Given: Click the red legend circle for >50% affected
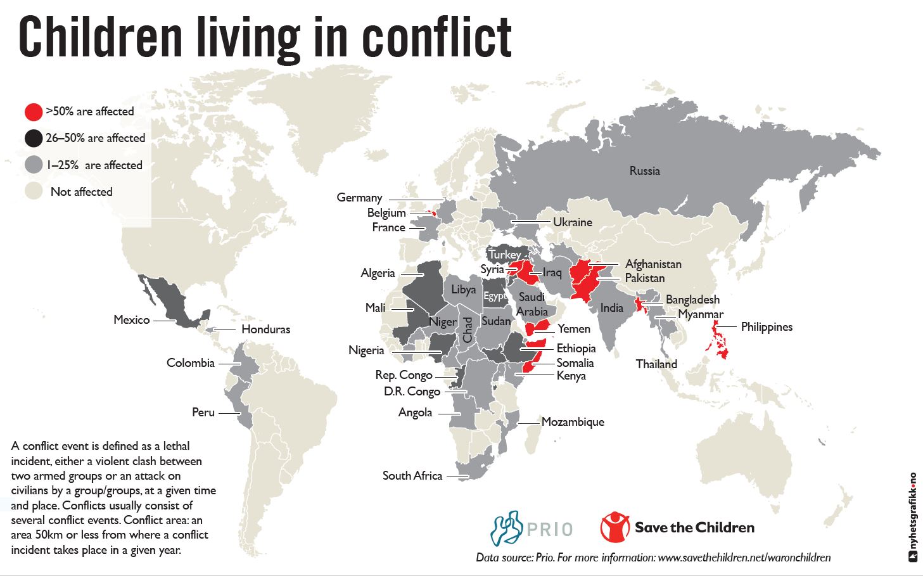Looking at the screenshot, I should pyautogui.click(x=34, y=112).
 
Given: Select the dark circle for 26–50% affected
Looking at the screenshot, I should pyautogui.click(x=34, y=138).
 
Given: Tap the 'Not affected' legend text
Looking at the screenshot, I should pyautogui.click(x=81, y=192).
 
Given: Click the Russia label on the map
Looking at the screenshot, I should pyautogui.click(x=644, y=171).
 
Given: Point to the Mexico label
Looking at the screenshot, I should pyautogui.click(x=132, y=320).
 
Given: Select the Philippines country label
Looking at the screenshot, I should pyautogui.click(x=767, y=327).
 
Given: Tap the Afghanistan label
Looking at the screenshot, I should pyautogui.click(x=653, y=264).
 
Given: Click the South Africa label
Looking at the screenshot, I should pyautogui.click(x=412, y=476).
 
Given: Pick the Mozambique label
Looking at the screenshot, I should pyautogui.click(x=573, y=422).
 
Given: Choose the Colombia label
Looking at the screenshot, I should pyautogui.click(x=191, y=363).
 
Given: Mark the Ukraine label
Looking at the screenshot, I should pyautogui.click(x=573, y=222).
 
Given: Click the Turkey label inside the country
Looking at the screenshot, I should pyautogui.click(x=505, y=255).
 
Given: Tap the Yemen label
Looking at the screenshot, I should pyautogui.click(x=574, y=329).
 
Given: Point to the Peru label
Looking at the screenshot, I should pyautogui.click(x=203, y=413).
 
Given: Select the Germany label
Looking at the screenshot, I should pyautogui.click(x=359, y=198).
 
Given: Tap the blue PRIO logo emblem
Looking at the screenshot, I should pyautogui.click(x=507, y=528).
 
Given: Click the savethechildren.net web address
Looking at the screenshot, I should pyautogui.click(x=744, y=558).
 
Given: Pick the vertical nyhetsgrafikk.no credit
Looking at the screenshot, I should pyautogui.click(x=913, y=517).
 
